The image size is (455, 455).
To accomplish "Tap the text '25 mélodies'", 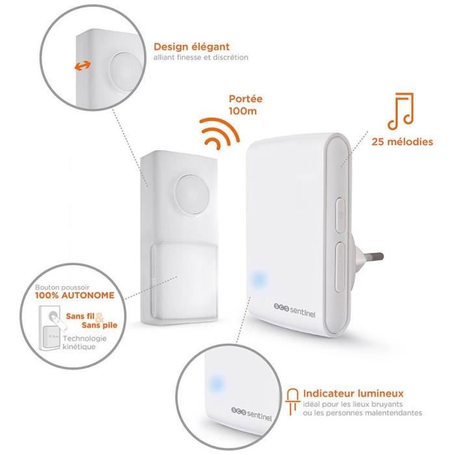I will (x=402, y=141).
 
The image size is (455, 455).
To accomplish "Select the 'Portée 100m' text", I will (x=246, y=105).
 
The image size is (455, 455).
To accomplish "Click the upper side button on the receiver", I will (x=339, y=214).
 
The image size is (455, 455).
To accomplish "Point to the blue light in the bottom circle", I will (x=214, y=382).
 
